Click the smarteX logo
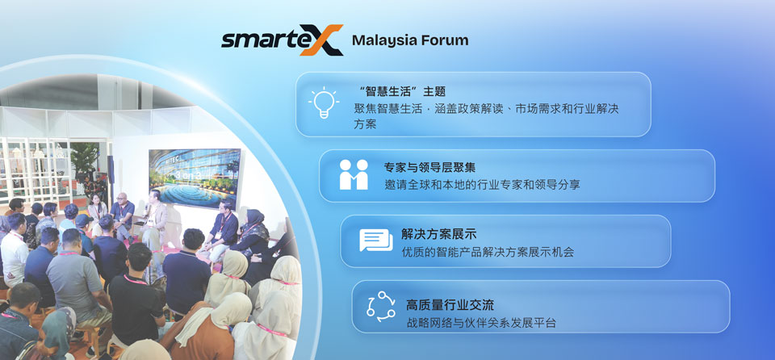(x=283, y=40)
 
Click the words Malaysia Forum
(x=410, y=40)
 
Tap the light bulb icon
(x=324, y=103)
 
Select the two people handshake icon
(x=354, y=174)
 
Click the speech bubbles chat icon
(x=375, y=241)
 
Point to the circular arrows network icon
(x=381, y=306)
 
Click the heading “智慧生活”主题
(x=402, y=91)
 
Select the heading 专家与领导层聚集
(x=429, y=168)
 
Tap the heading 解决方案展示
(x=432, y=234)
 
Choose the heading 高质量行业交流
(x=450, y=304)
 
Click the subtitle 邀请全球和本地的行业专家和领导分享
(x=482, y=185)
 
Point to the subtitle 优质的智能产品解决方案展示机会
(x=488, y=252)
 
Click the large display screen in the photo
(x=195, y=177)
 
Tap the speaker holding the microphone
(x=154, y=223)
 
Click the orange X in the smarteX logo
(x=322, y=40)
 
